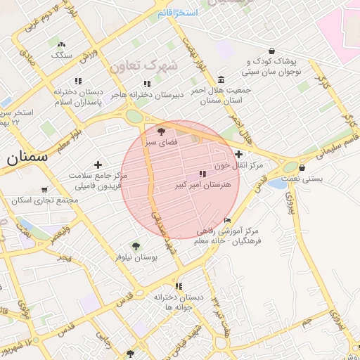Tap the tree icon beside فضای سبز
(x=161, y=131)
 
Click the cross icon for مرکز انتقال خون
(x=239, y=154)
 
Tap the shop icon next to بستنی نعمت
(x=302, y=168)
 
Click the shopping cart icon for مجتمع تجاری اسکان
(x=45, y=190)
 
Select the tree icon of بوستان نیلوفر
(x=136, y=246)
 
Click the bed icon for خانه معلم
(x=226, y=220)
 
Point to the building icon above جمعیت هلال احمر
(x=221, y=79)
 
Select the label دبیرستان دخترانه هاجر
(x=149, y=94)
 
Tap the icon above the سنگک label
(x=62, y=44)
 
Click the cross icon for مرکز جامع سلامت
(x=98, y=164)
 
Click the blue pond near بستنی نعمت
(x=277, y=184)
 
